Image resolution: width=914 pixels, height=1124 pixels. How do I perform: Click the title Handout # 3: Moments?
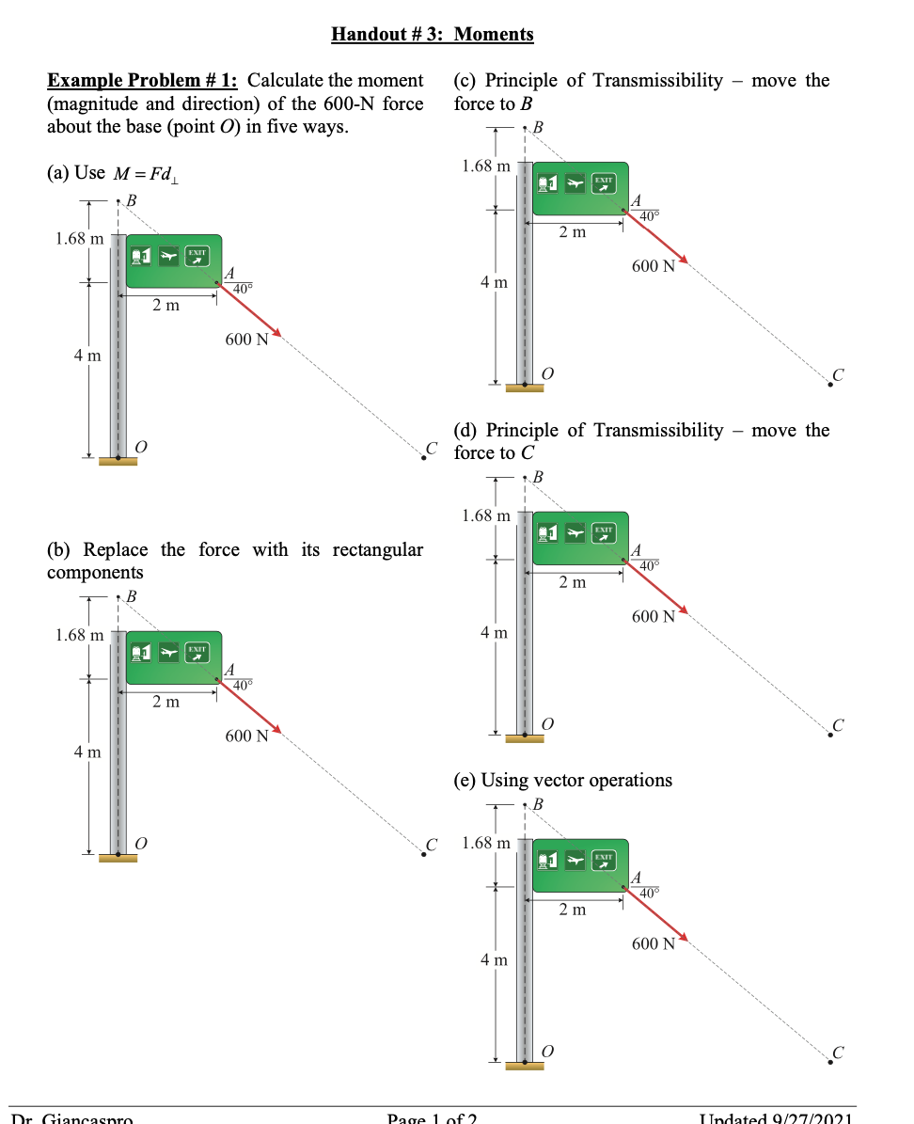(x=433, y=35)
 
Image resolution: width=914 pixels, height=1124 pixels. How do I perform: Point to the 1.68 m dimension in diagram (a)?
(x=79, y=239)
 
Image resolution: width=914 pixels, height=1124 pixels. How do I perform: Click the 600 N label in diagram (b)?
(x=246, y=736)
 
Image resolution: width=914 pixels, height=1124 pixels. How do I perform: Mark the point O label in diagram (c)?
(x=549, y=373)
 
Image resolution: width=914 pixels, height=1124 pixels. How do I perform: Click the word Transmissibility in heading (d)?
(x=658, y=431)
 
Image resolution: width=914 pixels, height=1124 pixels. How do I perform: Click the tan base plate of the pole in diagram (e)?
(x=524, y=1066)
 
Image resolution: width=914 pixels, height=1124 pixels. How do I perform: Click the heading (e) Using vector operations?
(x=562, y=781)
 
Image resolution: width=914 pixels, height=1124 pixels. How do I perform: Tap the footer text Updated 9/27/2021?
(x=777, y=1118)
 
